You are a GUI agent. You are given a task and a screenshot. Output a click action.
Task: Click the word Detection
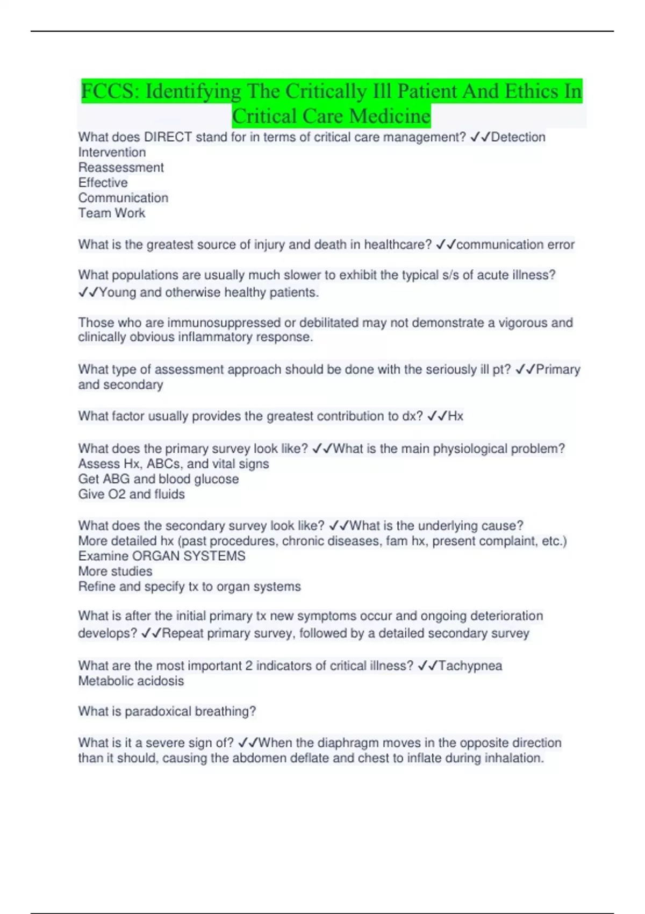(x=518, y=137)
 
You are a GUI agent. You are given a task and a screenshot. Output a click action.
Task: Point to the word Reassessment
(x=121, y=167)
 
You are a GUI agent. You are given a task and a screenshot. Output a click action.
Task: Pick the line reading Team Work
(x=112, y=213)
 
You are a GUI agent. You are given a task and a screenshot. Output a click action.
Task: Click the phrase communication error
(x=515, y=245)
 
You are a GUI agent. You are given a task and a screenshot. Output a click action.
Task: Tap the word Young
(x=118, y=292)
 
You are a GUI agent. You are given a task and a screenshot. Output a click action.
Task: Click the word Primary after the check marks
(x=558, y=369)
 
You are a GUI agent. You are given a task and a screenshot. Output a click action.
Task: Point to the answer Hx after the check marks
(x=455, y=416)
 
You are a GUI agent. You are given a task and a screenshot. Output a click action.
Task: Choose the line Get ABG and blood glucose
(x=159, y=479)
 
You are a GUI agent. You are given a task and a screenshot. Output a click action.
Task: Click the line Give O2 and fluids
(x=132, y=494)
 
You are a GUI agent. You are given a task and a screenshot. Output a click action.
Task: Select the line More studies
(x=116, y=571)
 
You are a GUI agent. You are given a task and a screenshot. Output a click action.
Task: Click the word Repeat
(x=183, y=633)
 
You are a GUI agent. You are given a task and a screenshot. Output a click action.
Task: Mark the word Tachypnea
(x=470, y=666)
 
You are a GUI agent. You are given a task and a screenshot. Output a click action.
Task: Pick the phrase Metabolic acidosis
(x=131, y=681)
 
